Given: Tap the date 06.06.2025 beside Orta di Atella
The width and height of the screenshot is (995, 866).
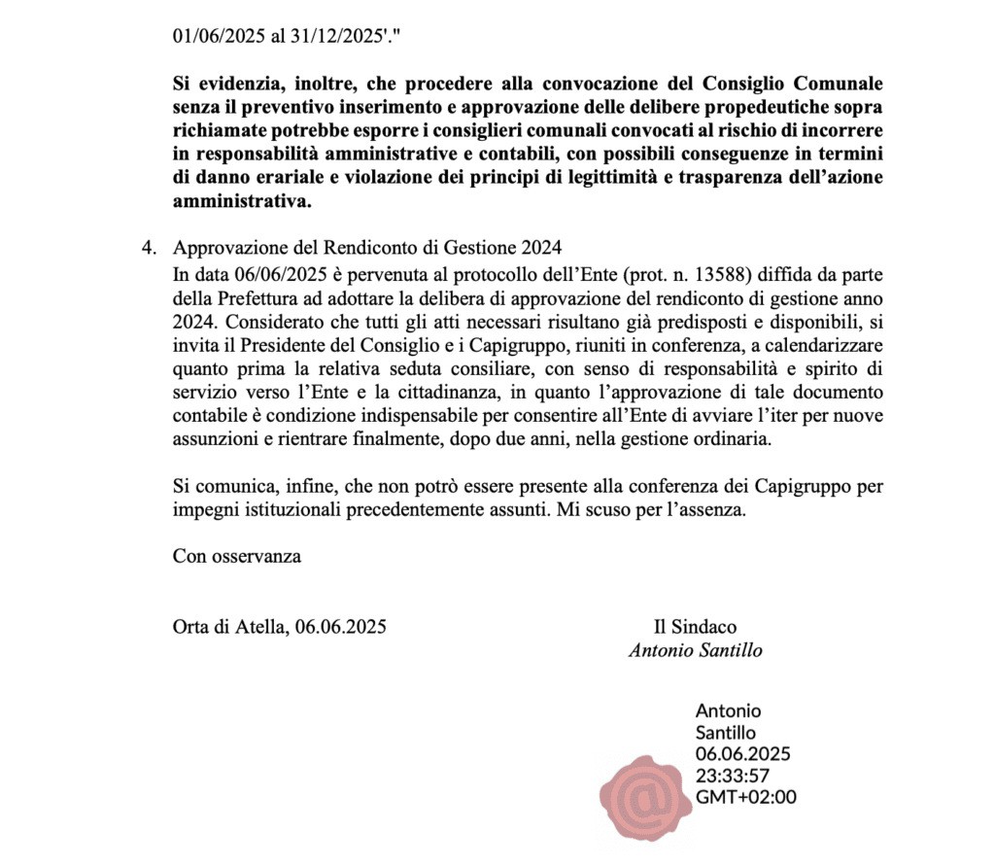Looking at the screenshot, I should click(340, 627).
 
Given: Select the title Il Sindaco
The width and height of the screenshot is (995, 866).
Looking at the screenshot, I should click(695, 627).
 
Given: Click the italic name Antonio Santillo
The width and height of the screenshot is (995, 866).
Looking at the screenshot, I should click(695, 651).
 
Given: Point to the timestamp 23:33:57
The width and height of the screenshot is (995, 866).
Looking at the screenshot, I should click(733, 776).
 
